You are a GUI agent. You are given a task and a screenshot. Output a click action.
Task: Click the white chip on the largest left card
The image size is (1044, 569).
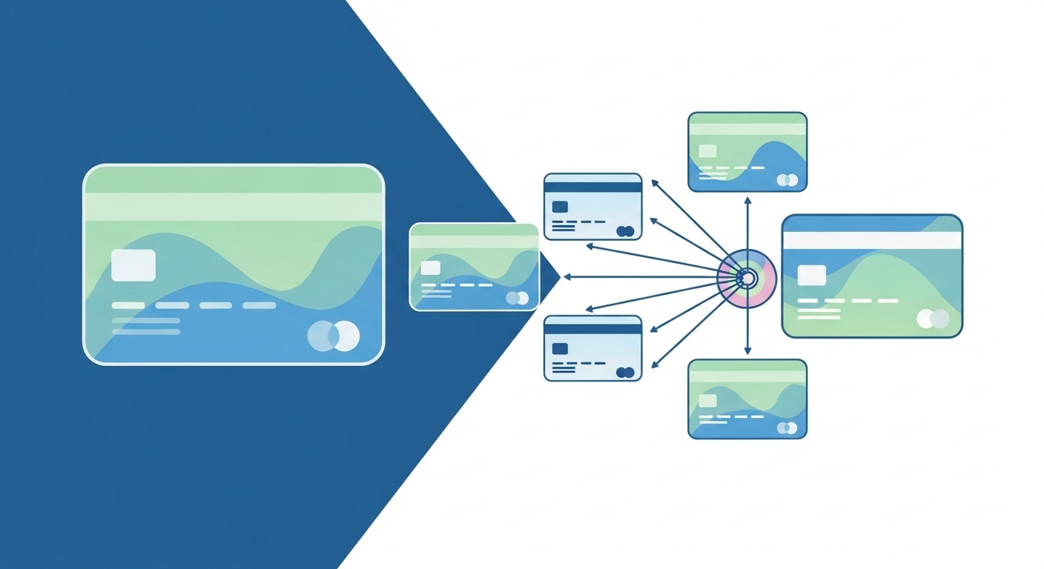(x=133, y=265)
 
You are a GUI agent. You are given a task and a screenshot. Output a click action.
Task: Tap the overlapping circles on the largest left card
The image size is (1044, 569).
(x=334, y=336)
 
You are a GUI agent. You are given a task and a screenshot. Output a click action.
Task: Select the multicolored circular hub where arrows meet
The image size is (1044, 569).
(x=747, y=278)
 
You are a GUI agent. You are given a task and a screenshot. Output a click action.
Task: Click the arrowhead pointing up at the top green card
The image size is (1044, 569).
(x=747, y=200)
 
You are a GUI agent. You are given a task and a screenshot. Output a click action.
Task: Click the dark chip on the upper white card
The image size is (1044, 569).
(x=561, y=207)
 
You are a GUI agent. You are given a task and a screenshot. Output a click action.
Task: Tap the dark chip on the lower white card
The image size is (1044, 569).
(x=561, y=348)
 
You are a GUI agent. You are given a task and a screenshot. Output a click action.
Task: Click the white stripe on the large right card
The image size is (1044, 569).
(x=872, y=240)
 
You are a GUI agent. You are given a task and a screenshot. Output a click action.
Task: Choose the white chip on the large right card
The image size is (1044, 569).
(x=811, y=275)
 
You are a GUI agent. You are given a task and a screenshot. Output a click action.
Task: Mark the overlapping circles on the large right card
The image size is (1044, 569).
(x=933, y=319)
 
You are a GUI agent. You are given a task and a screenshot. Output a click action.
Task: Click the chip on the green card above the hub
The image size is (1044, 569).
(x=707, y=151)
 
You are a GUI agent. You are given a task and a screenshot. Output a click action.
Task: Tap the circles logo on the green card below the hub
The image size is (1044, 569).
(x=787, y=427)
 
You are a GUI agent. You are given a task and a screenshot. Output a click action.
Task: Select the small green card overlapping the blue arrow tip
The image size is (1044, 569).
(x=475, y=267)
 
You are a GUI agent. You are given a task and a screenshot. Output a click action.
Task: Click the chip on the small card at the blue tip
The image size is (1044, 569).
(x=430, y=267)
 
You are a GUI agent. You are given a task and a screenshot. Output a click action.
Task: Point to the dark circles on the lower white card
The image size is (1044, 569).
(x=625, y=372)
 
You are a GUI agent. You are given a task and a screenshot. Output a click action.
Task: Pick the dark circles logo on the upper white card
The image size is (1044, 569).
(x=625, y=231)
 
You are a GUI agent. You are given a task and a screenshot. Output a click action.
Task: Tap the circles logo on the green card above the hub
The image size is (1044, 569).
(x=787, y=180)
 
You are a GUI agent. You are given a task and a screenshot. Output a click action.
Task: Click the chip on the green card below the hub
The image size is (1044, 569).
(x=707, y=400)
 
